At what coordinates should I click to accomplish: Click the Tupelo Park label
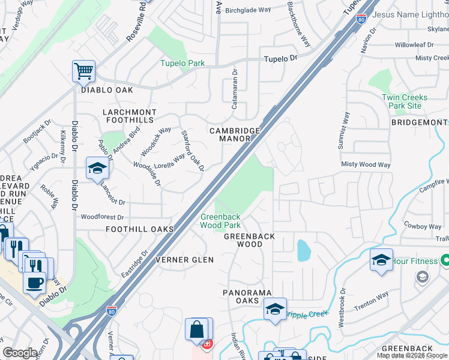182,63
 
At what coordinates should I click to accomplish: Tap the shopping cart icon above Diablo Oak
83,71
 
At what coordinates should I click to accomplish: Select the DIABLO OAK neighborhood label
107,90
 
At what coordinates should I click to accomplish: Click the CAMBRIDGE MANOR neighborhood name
234,134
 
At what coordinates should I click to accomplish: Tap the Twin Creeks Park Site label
405,101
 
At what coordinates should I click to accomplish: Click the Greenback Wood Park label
220,221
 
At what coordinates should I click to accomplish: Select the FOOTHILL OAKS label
139,229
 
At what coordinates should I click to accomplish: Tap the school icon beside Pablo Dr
97,169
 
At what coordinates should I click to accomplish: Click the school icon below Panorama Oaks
275,309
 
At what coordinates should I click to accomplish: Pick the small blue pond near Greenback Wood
303,250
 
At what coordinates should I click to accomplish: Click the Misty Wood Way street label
366,164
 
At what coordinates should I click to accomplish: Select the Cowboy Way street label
422,226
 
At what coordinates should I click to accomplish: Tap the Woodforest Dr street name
102,217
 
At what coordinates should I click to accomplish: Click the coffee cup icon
35,282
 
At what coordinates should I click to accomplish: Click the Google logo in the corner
20,353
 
